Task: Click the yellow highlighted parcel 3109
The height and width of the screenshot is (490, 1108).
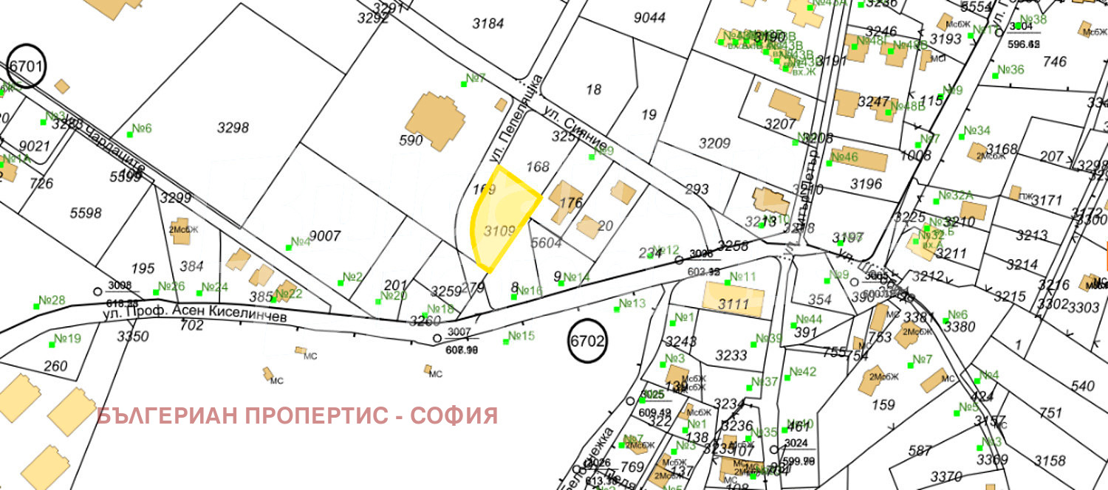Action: (502, 221)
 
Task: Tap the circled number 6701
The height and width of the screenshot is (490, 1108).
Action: (27, 66)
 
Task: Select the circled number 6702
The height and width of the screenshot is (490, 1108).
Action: (588, 341)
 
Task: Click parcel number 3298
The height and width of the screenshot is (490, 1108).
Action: (233, 128)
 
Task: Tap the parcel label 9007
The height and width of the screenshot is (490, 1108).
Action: (324, 236)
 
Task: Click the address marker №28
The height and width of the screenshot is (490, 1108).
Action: (52, 300)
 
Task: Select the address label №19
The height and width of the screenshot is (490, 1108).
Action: (67, 339)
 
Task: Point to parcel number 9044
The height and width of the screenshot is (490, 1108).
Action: (649, 17)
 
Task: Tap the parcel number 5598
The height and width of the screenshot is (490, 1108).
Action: (86, 213)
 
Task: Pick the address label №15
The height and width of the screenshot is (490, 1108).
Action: (521, 337)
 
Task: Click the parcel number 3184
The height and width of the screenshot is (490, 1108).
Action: (488, 24)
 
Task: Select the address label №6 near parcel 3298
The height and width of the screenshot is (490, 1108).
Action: (141, 129)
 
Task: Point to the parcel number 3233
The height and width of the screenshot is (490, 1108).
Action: (731, 355)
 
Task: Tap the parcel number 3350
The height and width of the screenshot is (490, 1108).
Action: (133, 337)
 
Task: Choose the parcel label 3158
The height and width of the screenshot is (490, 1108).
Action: (1050, 461)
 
